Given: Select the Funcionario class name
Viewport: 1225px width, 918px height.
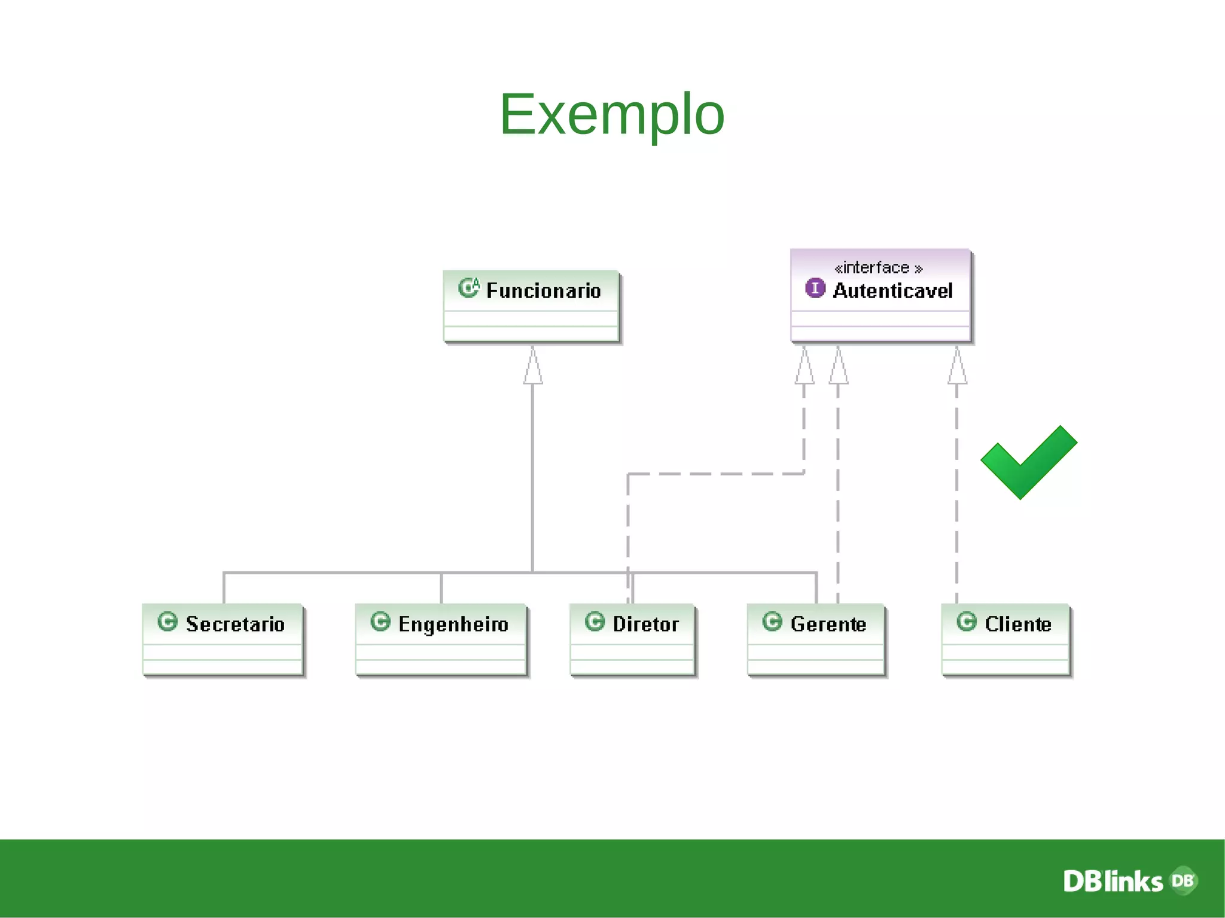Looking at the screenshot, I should tap(543, 291).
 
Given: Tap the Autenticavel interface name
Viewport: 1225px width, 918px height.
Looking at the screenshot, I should tap(892, 291).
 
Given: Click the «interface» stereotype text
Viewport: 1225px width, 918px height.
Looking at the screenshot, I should tap(878, 267).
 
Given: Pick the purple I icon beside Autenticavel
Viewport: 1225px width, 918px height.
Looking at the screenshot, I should tap(815, 288).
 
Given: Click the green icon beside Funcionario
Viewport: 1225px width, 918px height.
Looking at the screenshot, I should tap(468, 288).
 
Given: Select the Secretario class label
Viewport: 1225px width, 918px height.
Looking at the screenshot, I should tap(235, 624).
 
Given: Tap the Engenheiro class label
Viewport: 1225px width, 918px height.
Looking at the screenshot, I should tap(453, 624).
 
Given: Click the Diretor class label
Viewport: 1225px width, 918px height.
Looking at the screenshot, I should tap(645, 624).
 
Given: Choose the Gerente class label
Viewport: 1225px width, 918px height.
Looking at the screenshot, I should tap(828, 624).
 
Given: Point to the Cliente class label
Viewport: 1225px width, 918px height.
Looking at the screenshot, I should tap(1017, 624).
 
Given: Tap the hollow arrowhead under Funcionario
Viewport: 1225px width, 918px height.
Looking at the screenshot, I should tap(533, 366).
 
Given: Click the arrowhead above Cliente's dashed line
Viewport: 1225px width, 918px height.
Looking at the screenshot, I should tap(957, 366).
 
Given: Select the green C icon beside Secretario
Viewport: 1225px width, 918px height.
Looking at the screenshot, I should tap(167, 621).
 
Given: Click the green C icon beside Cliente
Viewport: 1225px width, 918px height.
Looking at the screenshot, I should tap(966, 621).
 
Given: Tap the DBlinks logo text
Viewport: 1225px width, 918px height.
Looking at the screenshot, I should tap(1112, 882).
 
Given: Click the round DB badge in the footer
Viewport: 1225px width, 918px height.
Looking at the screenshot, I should tap(1183, 880).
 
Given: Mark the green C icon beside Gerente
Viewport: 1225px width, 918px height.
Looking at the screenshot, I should tap(772, 621).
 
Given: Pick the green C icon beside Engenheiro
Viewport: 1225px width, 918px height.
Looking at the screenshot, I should tap(380, 621).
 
